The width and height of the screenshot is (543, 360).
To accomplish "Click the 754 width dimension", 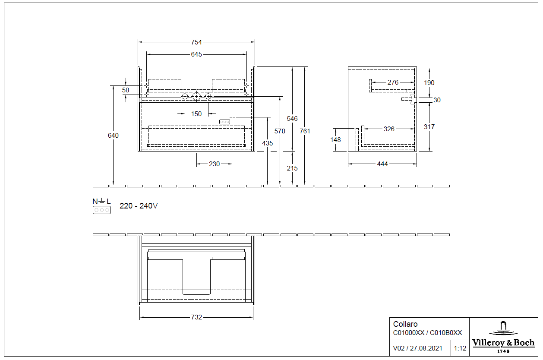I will pyautogui.click(x=196, y=42).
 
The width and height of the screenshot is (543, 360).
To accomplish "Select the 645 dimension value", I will pyautogui.click(x=196, y=54).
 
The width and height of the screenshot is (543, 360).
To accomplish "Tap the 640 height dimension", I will pyautogui.click(x=113, y=135).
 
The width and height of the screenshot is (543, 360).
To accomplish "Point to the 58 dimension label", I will pyautogui.click(x=126, y=90).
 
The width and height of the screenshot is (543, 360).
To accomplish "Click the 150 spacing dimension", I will pyautogui.click(x=196, y=114).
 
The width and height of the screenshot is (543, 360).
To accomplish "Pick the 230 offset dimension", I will pyautogui.click(x=214, y=164).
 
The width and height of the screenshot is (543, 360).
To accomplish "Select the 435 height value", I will pyautogui.click(x=268, y=143).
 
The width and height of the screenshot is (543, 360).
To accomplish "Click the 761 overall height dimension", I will pyautogui.click(x=305, y=131).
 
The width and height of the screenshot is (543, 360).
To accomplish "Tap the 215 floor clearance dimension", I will pyautogui.click(x=292, y=168).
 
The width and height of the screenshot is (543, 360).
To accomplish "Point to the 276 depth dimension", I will pyautogui.click(x=392, y=82).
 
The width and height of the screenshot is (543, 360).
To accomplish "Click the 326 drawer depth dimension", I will pyautogui.click(x=389, y=129).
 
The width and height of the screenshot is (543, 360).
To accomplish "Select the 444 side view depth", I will pyautogui.click(x=382, y=164).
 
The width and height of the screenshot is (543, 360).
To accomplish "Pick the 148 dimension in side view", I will pyautogui.click(x=335, y=139).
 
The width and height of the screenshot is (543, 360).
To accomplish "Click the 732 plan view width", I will pyautogui.click(x=196, y=317).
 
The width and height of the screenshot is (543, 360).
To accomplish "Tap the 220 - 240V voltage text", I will pyautogui.click(x=139, y=206).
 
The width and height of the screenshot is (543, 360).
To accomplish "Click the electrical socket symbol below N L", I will pyautogui.click(x=102, y=210).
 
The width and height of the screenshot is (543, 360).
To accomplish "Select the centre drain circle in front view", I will pyautogui.click(x=196, y=96).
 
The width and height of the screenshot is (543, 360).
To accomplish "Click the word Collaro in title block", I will pyautogui.click(x=405, y=324).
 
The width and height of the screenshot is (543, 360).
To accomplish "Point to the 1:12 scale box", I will pyautogui.click(x=460, y=348).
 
